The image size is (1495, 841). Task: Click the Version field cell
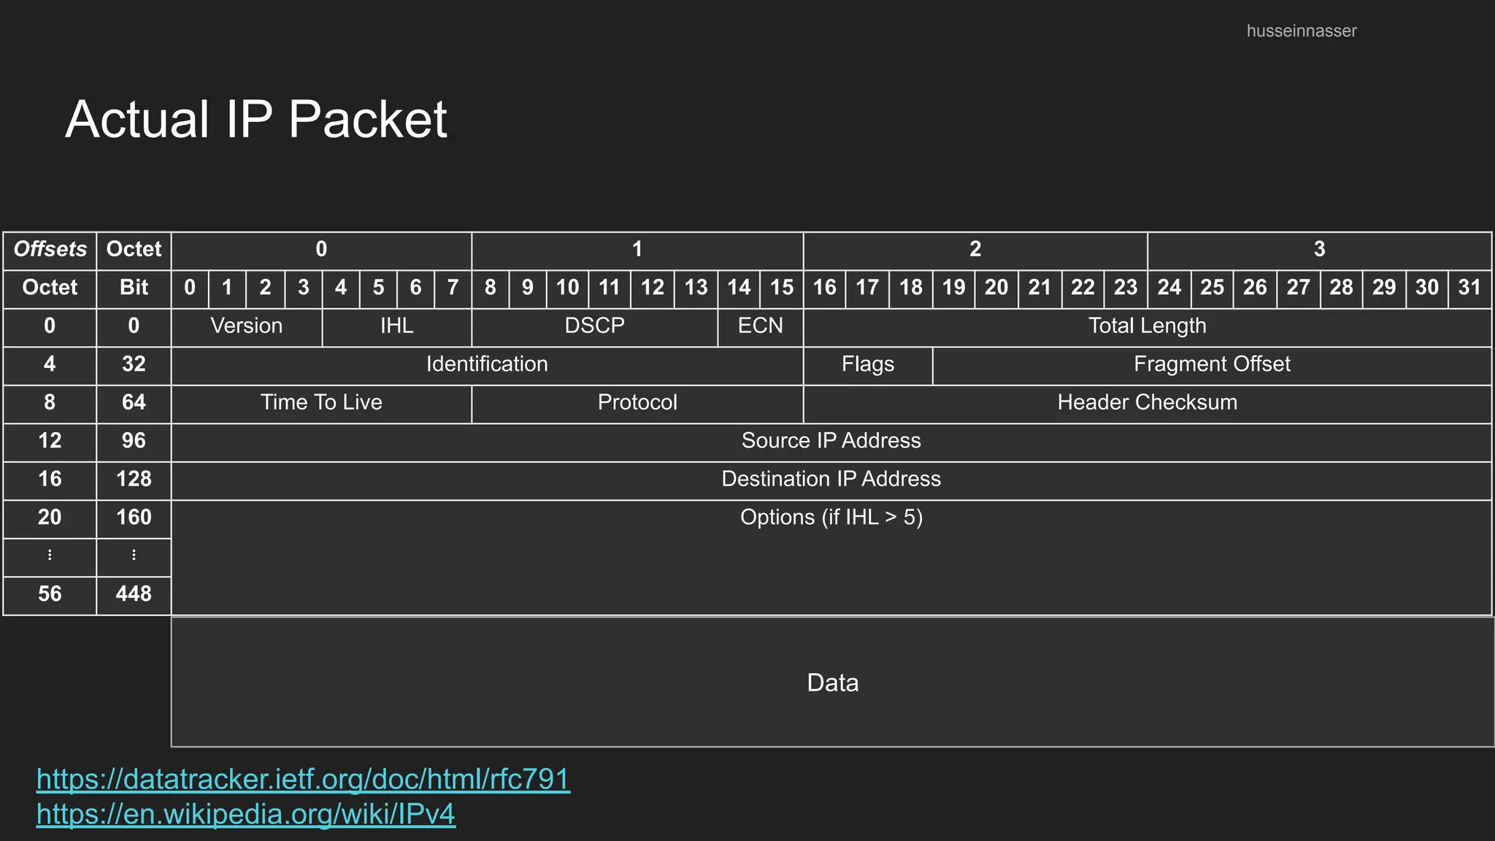[247, 326]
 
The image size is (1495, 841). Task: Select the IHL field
[396, 326]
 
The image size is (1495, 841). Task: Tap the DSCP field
[594, 326]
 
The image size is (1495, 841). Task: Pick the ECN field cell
[760, 326]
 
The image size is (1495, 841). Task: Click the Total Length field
[1147, 326]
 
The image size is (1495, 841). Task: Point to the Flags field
[867, 364]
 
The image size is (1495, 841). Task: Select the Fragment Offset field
[1212, 364]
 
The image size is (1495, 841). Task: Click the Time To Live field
[321, 402]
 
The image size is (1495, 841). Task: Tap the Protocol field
[637, 402]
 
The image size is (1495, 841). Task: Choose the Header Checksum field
[1147, 402]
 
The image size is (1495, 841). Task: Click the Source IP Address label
[831, 441]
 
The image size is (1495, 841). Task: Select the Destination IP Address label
[831, 479]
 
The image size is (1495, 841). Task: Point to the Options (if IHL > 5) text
[831, 518]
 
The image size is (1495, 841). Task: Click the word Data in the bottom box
[832, 683]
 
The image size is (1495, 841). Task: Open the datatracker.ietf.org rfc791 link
[303, 780]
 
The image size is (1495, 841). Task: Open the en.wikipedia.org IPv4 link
[246, 814]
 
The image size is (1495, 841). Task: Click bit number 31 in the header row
[1469, 288]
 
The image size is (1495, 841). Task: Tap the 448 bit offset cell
[134, 594]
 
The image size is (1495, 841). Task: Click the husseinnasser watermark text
[1301, 31]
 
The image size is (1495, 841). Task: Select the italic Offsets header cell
[50, 250]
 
